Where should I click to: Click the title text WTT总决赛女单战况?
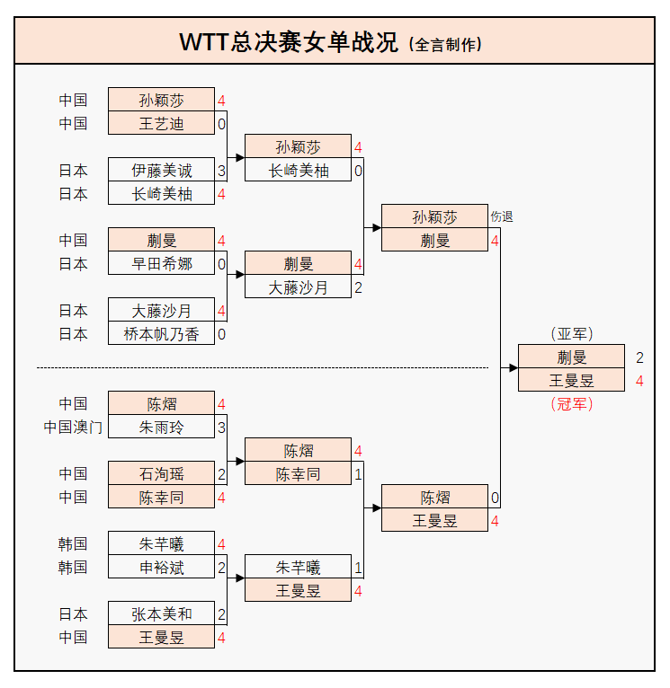click(x=289, y=42)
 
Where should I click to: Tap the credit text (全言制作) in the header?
click(x=445, y=44)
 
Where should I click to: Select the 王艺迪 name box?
click(x=161, y=123)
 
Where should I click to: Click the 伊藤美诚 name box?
click(x=161, y=170)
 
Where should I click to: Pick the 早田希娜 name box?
click(x=161, y=263)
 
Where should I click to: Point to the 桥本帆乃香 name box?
click(x=161, y=334)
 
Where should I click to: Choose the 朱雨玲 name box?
click(x=161, y=427)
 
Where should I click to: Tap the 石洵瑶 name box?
click(x=161, y=473)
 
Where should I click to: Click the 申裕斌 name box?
click(x=161, y=567)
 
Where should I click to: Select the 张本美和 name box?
click(x=161, y=614)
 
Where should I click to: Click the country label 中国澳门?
click(x=73, y=427)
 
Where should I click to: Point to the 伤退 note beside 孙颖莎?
click(x=502, y=217)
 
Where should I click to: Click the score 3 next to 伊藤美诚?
click(x=221, y=170)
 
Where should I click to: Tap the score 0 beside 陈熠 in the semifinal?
click(x=495, y=498)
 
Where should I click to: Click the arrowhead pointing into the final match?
click(x=514, y=368)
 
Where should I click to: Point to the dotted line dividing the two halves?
click(x=261, y=367)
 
